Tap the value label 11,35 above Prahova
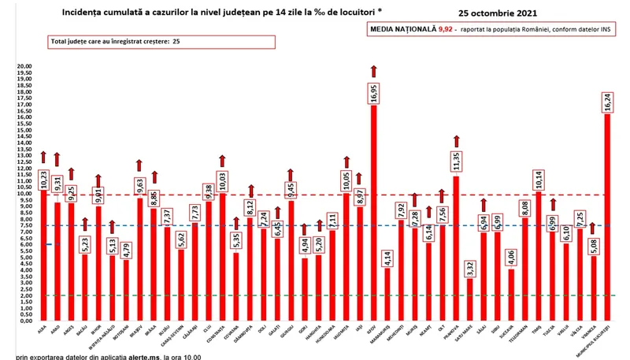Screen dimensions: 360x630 pos(456,162)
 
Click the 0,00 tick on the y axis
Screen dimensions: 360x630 pos(25,321)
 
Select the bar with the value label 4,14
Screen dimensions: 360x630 pos(387,295)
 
